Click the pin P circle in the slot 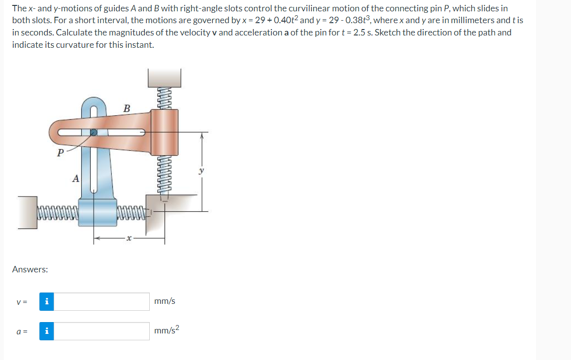click(x=94, y=132)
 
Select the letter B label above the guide click(x=127, y=108)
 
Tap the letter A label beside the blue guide click(x=76, y=178)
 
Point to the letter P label click(x=61, y=153)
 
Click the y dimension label click(x=202, y=170)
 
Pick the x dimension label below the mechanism click(x=128, y=238)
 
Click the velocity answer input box click(x=101, y=301)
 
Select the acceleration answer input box click(x=101, y=331)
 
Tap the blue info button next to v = click(x=47, y=301)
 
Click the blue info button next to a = click(x=47, y=331)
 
